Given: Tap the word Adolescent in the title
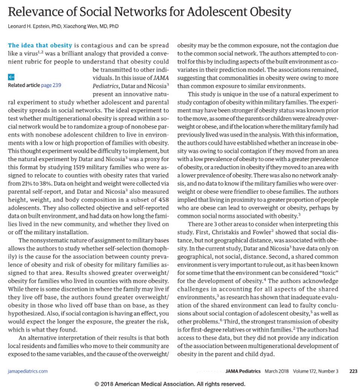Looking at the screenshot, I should [x=216, y=12].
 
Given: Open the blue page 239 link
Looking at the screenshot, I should [x=51, y=85].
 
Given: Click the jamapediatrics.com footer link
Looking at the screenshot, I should [x=28, y=371].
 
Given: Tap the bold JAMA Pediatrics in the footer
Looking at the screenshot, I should [x=243, y=371].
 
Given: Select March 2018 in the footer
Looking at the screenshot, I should [x=277, y=371].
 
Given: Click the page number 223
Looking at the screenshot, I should [x=353, y=371].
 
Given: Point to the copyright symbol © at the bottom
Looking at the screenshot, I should [x=97, y=384].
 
